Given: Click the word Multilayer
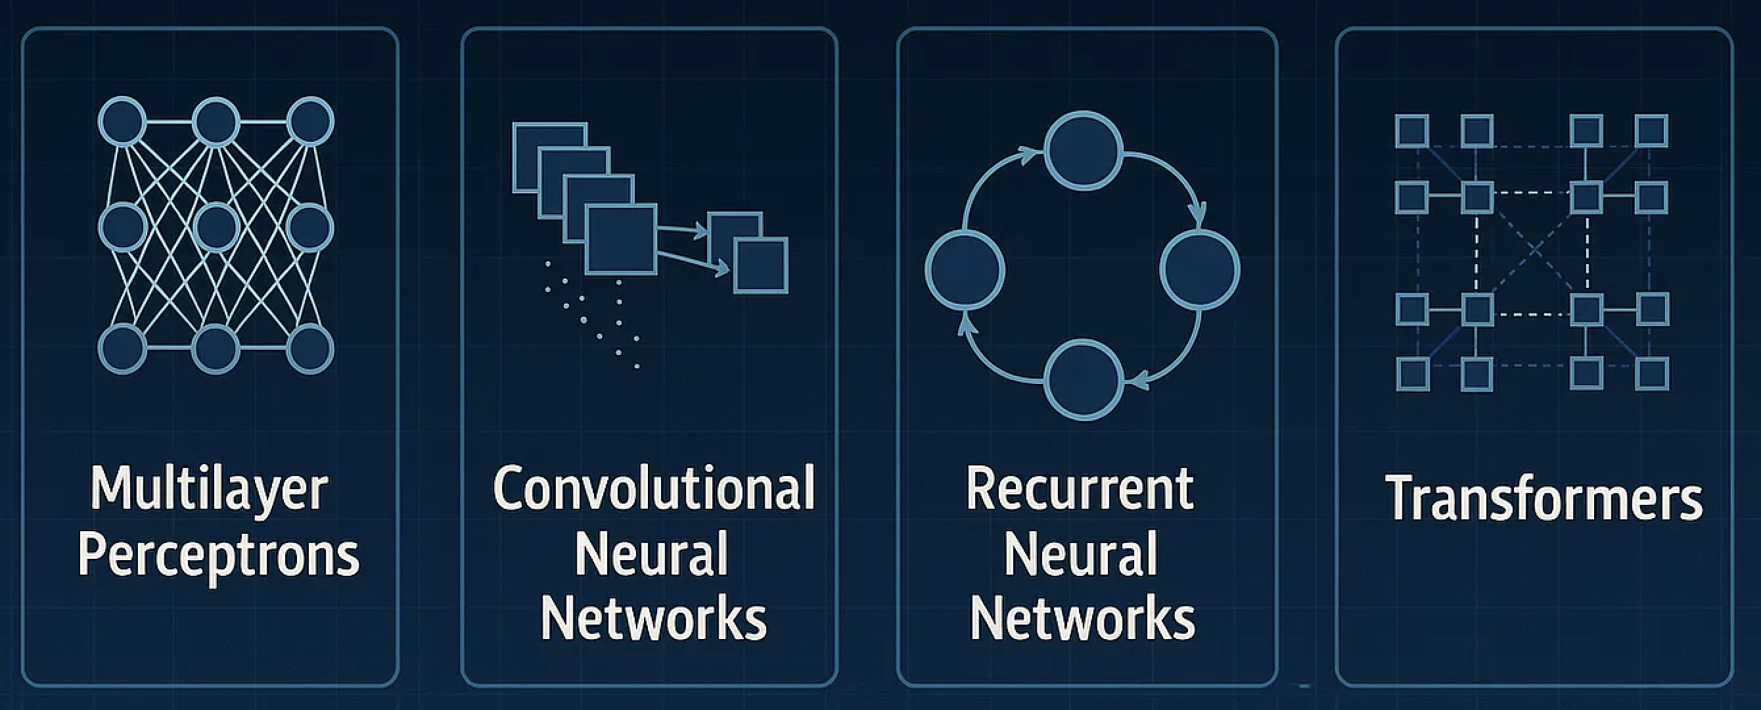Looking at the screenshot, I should pos(209,490).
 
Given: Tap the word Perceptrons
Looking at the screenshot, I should pos(219,556).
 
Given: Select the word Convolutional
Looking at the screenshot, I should pos(654,488).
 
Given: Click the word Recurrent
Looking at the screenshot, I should pos(1080,490).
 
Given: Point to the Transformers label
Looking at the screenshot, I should pos(1544,498).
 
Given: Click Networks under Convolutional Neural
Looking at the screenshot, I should pos(654,620).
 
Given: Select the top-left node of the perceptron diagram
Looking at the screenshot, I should pos(122,122).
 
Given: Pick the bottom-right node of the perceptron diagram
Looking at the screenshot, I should pos(310,349).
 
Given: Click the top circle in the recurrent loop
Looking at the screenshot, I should pos(1084,151).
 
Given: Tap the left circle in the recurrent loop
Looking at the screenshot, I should pos(965,270).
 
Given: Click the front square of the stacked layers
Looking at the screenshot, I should pos(621,239).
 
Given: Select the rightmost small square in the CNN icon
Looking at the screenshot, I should pos(760,266).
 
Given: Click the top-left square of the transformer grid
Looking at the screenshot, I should pos(1411,131).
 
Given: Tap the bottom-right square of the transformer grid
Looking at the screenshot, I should pos(1653,374).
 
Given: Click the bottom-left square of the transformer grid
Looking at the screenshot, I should pos(1412,374).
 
